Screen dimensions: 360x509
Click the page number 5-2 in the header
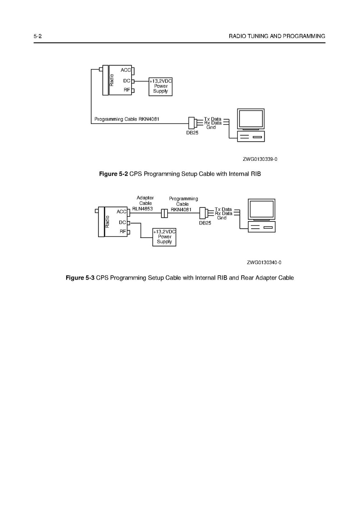click(x=38, y=36)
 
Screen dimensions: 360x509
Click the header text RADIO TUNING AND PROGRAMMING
click(x=277, y=36)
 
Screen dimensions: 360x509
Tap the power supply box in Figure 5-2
click(x=160, y=87)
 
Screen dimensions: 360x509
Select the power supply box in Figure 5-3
click(x=164, y=237)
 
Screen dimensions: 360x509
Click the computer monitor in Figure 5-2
click(x=251, y=119)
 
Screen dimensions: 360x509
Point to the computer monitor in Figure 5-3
click(x=262, y=210)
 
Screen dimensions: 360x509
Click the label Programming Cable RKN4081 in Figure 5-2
click(x=127, y=119)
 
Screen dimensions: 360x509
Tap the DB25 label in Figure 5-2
click(x=192, y=133)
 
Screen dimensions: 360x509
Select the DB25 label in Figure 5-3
click(x=205, y=223)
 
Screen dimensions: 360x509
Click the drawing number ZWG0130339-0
click(x=260, y=159)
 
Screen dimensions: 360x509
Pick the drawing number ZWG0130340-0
click(x=264, y=263)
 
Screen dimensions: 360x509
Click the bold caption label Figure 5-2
click(x=113, y=174)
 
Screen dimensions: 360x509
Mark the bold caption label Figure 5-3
click(x=80, y=278)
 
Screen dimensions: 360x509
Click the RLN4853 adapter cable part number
click(x=143, y=209)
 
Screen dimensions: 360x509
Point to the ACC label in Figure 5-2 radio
click(x=126, y=70)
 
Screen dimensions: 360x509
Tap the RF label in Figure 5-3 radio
click(x=123, y=231)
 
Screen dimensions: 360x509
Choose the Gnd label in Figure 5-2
click(x=211, y=127)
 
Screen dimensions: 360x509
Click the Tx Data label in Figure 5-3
click(x=223, y=209)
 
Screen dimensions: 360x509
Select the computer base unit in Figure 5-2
click(x=251, y=136)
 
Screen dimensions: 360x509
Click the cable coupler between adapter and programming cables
click(x=164, y=213)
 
